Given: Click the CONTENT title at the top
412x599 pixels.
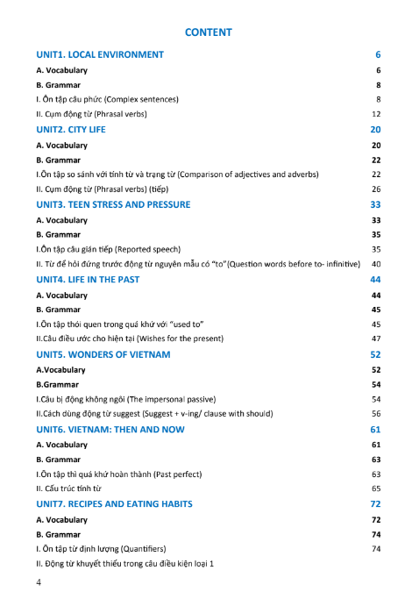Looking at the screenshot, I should (x=209, y=32).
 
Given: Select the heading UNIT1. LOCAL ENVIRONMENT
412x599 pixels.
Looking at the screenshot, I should (x=100, y=54).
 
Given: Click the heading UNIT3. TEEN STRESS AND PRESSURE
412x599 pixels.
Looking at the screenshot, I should (x=113, y=204).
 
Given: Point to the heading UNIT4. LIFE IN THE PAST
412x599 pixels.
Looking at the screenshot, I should (x=88, y=280).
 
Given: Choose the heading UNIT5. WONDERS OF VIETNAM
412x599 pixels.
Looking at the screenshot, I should (x=103, y=354).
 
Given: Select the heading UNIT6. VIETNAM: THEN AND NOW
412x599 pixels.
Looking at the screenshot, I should (x=109, y=430).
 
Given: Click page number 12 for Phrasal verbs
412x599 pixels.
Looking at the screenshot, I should (x=376, y=114).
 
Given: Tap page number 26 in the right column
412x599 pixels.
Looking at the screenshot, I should (x=376, y=189).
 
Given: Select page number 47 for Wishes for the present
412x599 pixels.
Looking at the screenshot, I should (x=376, y=339).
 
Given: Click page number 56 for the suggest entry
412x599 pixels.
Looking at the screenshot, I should (x=376, y=413).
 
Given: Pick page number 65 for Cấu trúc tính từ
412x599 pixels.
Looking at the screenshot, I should (x=376, y=488).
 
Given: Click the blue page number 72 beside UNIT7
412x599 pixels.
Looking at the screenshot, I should (x=376, y=504).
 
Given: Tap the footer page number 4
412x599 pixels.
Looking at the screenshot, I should (x=39, y=582).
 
